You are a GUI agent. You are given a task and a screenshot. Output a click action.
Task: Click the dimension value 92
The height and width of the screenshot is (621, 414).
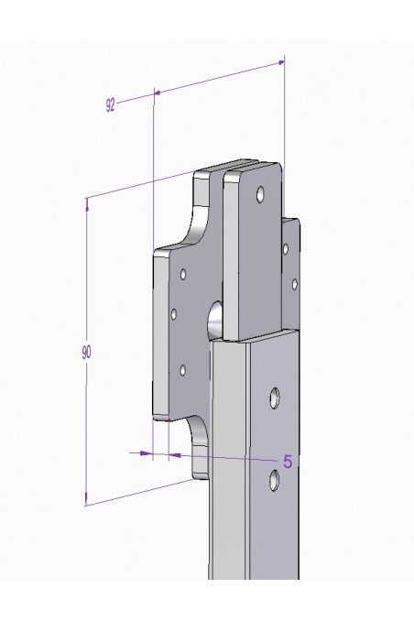[111, 105]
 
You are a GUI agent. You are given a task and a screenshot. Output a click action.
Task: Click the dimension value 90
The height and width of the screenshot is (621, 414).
[86, 351]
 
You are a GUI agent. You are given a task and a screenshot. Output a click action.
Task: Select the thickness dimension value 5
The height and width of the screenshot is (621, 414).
[287, 461]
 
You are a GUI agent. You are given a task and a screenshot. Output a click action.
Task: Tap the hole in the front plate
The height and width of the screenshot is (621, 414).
[261, 194]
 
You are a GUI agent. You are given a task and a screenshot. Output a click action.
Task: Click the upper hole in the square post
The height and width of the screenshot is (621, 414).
[273, 397]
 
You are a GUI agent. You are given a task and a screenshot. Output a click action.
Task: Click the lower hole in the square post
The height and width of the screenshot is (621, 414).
[273, 479]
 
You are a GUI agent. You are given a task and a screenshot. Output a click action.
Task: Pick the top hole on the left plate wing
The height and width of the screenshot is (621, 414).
[183, 274]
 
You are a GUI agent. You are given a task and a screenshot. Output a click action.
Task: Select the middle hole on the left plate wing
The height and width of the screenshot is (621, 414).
[174, 314]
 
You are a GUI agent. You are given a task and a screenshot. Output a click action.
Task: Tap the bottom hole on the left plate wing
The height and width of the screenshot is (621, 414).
[182, 370]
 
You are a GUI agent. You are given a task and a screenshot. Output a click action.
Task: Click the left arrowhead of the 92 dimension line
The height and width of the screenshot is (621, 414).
[158, 92]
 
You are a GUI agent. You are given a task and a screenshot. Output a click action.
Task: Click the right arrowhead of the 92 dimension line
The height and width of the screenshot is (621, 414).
[278, 61]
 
